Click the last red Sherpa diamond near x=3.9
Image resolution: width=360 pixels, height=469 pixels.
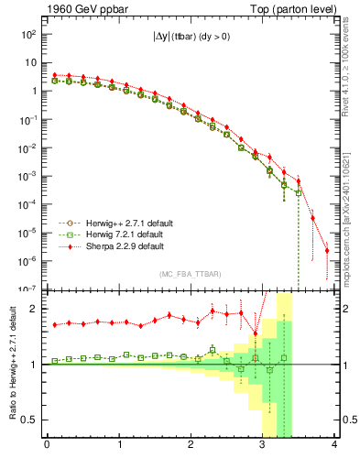tap(327, 250)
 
